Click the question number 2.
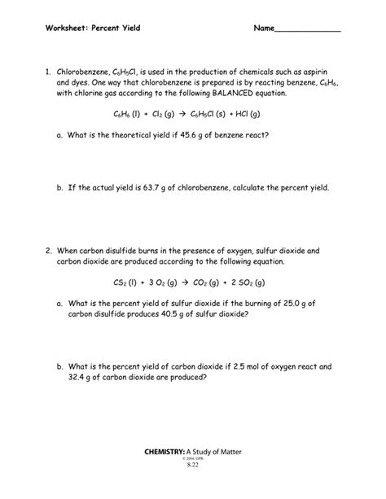(x=49, y=251)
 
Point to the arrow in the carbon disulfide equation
(x=194, y=282)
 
